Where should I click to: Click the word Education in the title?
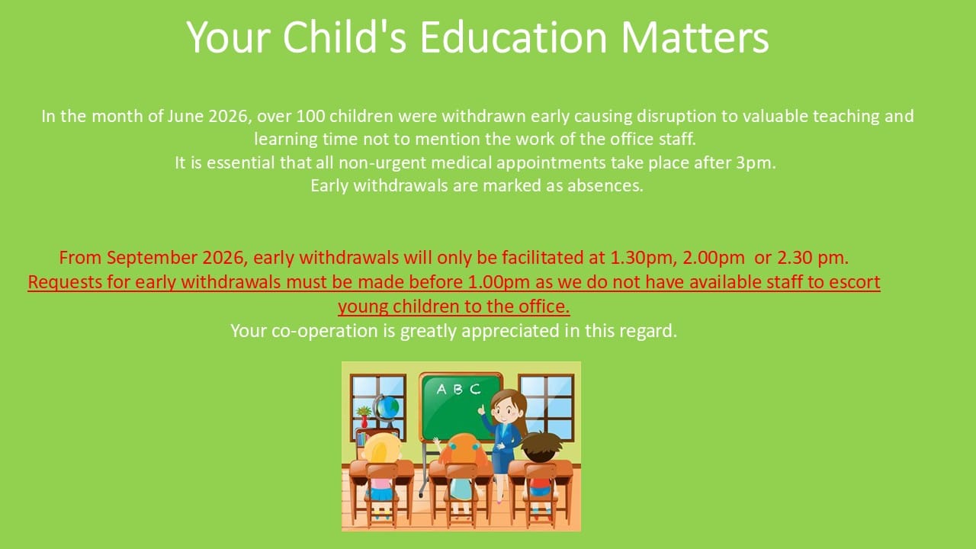(513, 37)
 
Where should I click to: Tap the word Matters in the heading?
(695, 37)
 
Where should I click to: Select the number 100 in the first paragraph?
(310, 117)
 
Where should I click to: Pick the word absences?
(605, 185)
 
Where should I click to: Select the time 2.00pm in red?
(714, 258)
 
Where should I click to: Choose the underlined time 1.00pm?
(499, 282)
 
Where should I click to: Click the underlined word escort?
(855, 282)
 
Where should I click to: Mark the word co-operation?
(325, 331)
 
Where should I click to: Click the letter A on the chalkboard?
(441, 389)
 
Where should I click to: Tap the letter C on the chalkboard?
(474, 389)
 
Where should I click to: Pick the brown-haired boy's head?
(541, 448)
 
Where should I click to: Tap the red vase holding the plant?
(364, 422)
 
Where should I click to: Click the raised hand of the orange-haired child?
(437, 443)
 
